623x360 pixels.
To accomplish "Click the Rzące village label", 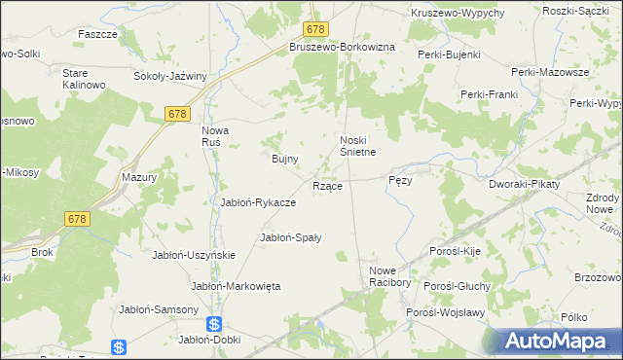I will tap(326, 186).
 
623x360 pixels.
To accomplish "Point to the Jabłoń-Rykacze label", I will tap(259, 202).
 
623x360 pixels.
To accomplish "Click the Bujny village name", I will tap(283, 158).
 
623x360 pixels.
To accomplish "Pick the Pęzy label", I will tap(401, 181).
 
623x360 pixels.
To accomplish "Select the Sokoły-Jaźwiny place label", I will tap(171, 75).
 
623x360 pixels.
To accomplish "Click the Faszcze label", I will tap(97, 33).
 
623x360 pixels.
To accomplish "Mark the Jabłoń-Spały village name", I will tap(290, 236).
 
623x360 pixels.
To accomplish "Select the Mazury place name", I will tap(139, 178).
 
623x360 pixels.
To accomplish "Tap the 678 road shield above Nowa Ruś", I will tap(176, 115).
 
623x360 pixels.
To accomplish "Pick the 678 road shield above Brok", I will tap(79, 219).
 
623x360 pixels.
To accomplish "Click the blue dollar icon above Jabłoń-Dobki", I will tap(214, 324).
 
